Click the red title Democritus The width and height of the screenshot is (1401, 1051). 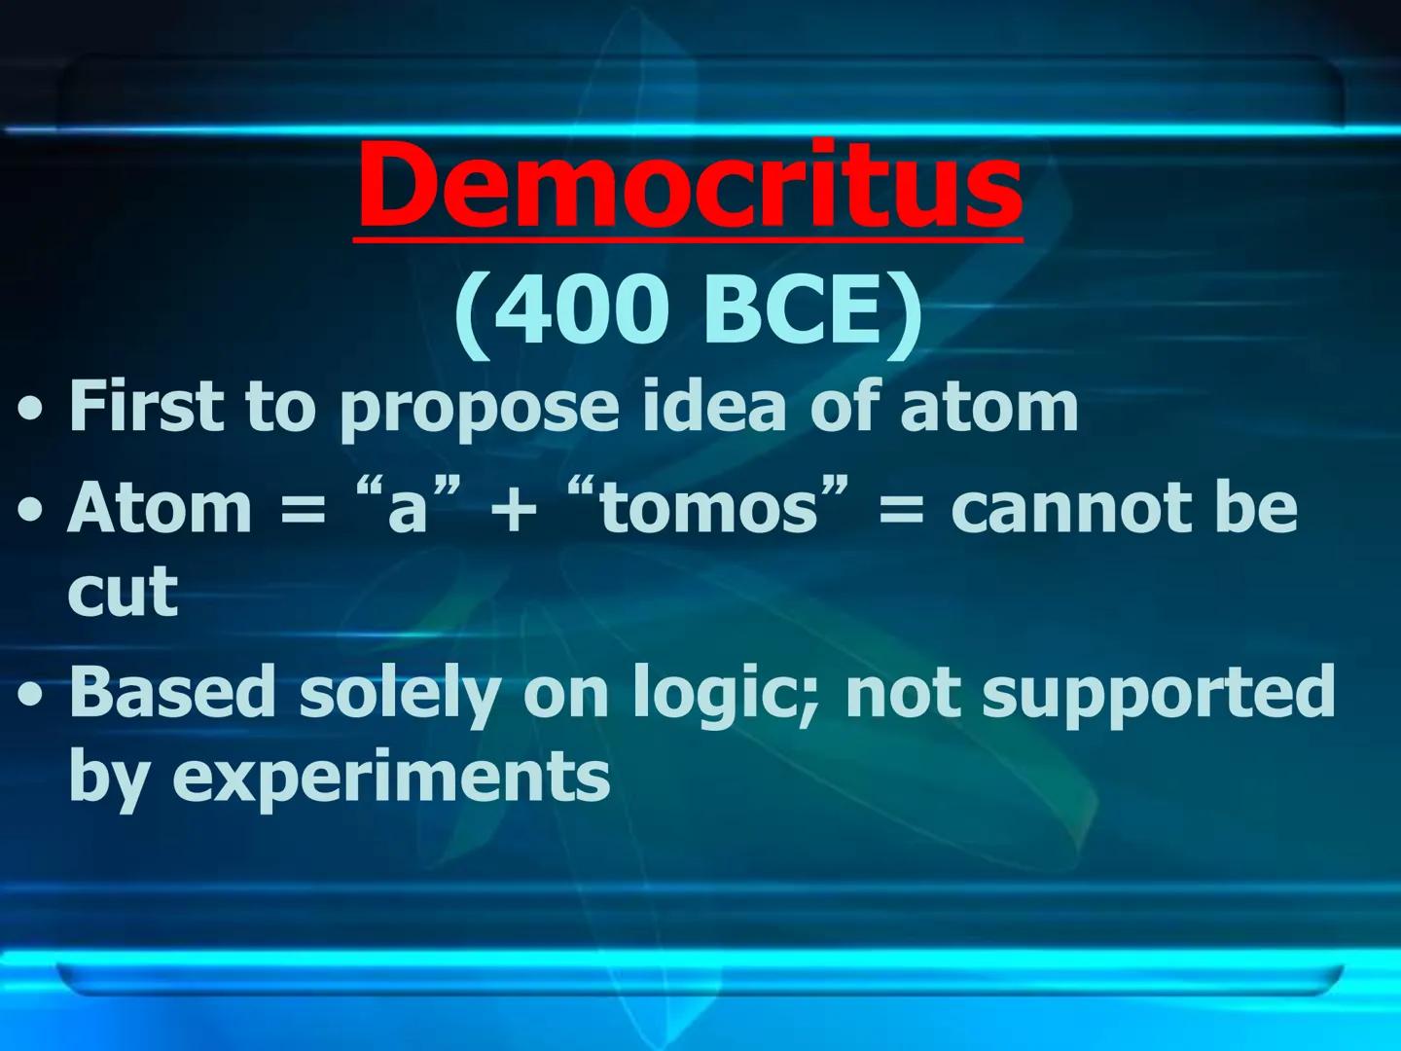tap(690, 183)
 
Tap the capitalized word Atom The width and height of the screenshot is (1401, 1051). tap(160, 507)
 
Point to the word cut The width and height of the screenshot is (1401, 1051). tap(123, 591)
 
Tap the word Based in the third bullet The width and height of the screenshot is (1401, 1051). tap(172, 690)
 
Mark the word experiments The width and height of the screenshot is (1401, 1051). tap(391, 777)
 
